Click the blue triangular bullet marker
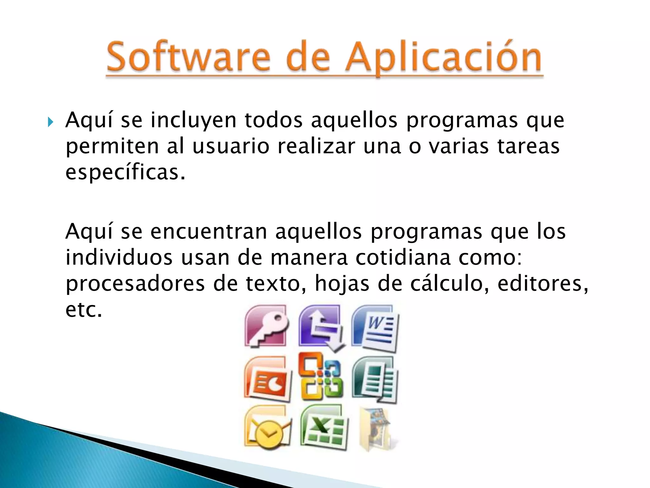(x=50, y=122)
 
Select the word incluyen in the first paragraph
(x=193, y=121)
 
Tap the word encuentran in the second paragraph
(x=209, y=232)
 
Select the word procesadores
(x=135, y=283)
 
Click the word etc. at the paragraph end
(x=84, y=309)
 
